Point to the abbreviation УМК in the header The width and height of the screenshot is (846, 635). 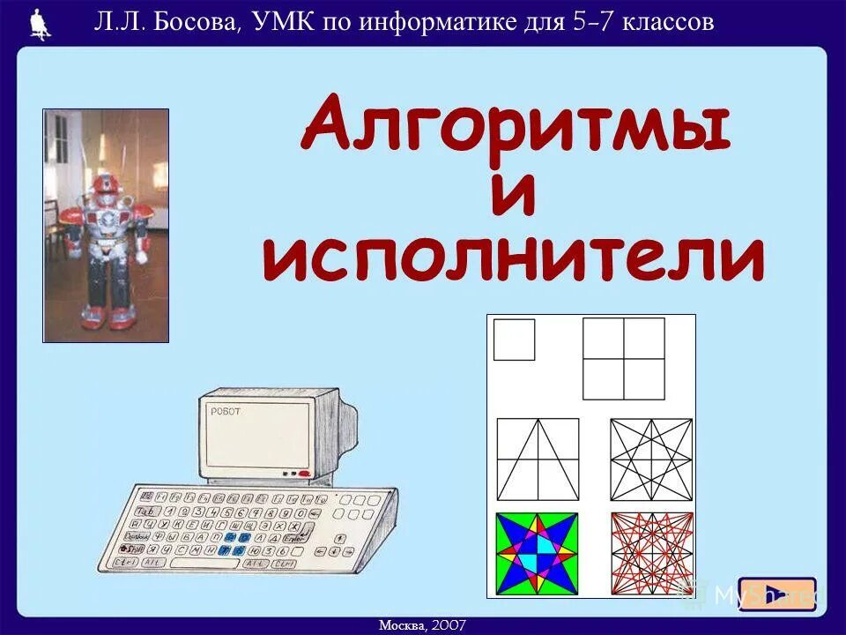pyautogui.click(x=280, y=22)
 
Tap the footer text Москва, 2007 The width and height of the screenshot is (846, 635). pyautogui.click(x=423, y=624)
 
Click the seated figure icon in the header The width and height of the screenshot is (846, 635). pyautogui.click(x=40, y=23)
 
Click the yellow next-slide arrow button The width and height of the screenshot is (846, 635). pyautogui.click(x=776, y=594)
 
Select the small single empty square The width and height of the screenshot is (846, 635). pyautogui.click(x=514, y=340)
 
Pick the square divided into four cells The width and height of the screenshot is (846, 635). pyautogui.click(x=624, y=359)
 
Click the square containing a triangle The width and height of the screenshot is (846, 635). pyautogui.click(x=538, y=459)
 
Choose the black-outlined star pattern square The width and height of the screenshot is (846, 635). pyautogui.click(x=651, y=459)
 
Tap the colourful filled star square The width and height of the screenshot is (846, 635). pyautogui.click(x=537, y=553)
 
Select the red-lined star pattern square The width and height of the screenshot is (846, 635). pyautogui.click(x=652, y=553)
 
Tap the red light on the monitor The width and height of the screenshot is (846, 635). pyautogui.click(x=304, y=474)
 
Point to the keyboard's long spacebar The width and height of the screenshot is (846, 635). pyautogui.click(x=204, y=563)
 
